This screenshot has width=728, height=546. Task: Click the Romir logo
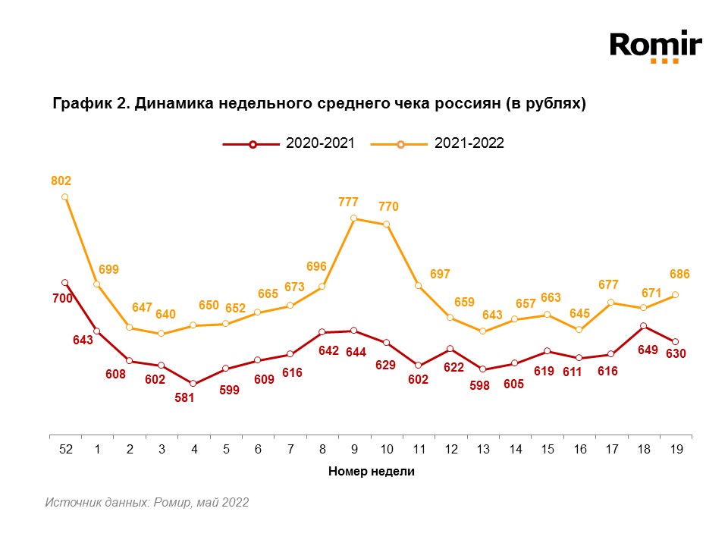point(656,46)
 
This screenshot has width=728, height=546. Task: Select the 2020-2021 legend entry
point(289,144)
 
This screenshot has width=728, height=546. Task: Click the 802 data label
point(61,180)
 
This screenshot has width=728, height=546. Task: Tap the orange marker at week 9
point(354,218)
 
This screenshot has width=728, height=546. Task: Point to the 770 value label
point(388,206)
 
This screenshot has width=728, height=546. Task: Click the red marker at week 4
point(193,384)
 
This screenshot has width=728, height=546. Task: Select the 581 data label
point(185,397)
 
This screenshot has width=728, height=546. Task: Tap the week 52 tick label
point(66,449)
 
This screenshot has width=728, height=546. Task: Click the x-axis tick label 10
point(387,449)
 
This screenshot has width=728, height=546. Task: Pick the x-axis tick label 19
point(676,449)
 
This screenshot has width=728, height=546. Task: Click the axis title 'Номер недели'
point(372,471)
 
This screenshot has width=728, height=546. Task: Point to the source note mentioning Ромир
point(146,502)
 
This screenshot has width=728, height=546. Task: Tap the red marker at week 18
point(644,326)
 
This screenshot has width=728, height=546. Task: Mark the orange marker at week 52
point(65,197)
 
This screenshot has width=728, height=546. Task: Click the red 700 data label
point(62,299)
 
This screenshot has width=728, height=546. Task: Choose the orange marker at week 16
point(579,330)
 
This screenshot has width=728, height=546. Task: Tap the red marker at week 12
point(450,349)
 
